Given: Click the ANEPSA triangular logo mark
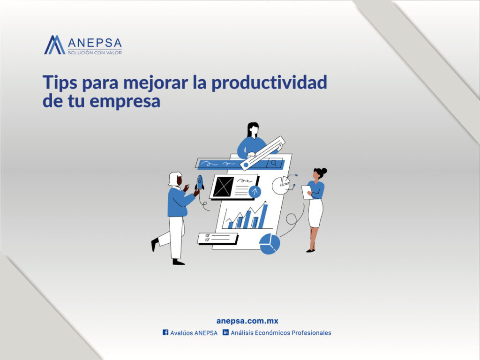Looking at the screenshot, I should [x=54, y=45].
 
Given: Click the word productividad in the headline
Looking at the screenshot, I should [x=269, y=83].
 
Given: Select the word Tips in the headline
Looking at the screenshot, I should [x=60, y=82].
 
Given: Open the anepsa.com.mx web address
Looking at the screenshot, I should [x=247, y=321].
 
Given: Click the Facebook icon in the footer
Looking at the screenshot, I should [x=165, y=332].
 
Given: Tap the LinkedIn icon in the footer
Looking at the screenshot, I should [x=225, y=332].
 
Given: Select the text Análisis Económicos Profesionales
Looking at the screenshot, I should [x=281, y=333].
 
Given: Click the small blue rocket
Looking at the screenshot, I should [x=200, y=182].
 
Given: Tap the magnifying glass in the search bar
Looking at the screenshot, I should [x=273, y=164].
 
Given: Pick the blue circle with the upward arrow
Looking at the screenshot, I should [x=255, y=191].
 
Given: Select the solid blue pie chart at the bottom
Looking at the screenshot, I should [x=270, y=244].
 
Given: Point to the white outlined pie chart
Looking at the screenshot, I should [x=280, y=185].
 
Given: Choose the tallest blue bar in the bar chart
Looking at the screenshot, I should [x=264, y=216].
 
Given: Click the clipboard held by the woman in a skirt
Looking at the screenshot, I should [x=307, y=192].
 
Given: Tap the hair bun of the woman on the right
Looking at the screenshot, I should [x=323, y=171].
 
